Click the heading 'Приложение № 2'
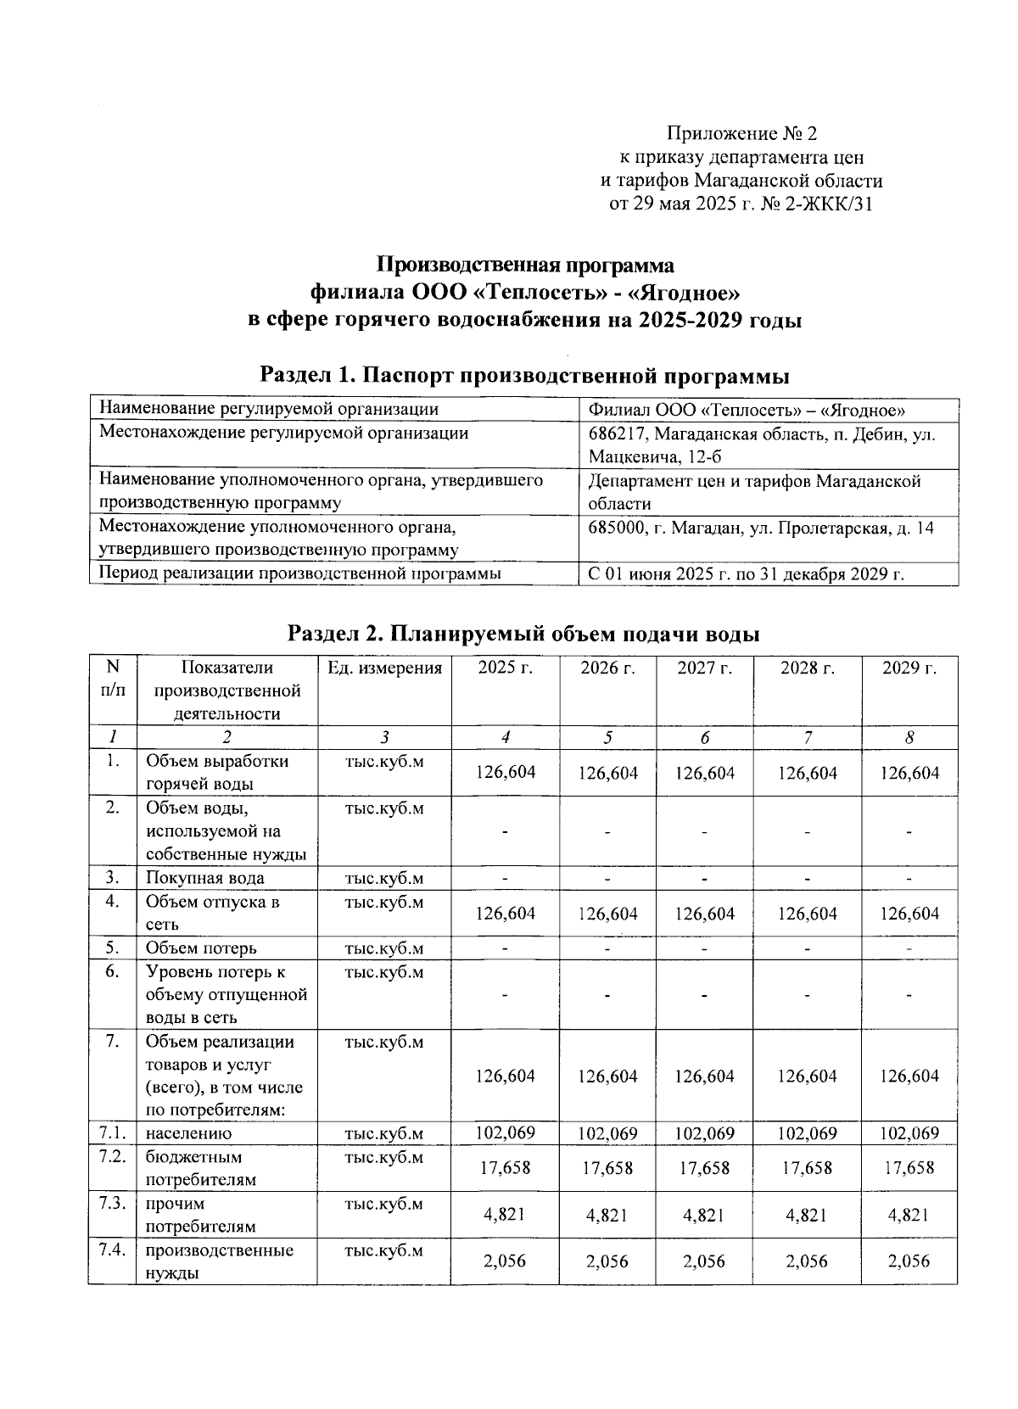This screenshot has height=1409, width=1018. pyautogui.click(x=741, y=133)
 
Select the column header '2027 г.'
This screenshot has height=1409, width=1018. pyautogui.click(x=704, y=668)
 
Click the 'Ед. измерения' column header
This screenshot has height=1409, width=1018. pyautogui.click(x=384, y=668)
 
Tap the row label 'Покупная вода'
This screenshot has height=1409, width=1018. pyautogui.click(x=204, y=878)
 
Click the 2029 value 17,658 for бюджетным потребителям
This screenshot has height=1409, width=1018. pyautogui.click(x=909, y=1168)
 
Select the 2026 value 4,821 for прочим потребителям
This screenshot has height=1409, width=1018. pyautogui.click(x=607, y=1215)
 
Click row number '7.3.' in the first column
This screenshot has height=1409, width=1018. pyautogui.click(x=111, y=1204)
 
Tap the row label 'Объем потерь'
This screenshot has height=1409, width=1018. pyautogui.click(x=201, y=948)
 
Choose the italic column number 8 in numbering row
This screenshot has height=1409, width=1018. pyautogui.click(x=909, y=738)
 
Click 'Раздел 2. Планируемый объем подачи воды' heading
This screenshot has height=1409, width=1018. pyautogui.click(x=523, y=634)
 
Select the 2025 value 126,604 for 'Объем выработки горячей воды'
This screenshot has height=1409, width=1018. pyautogui.click(x=505, y=773)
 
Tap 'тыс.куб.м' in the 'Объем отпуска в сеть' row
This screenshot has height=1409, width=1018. pyautogui.click(x=384, y=902)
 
